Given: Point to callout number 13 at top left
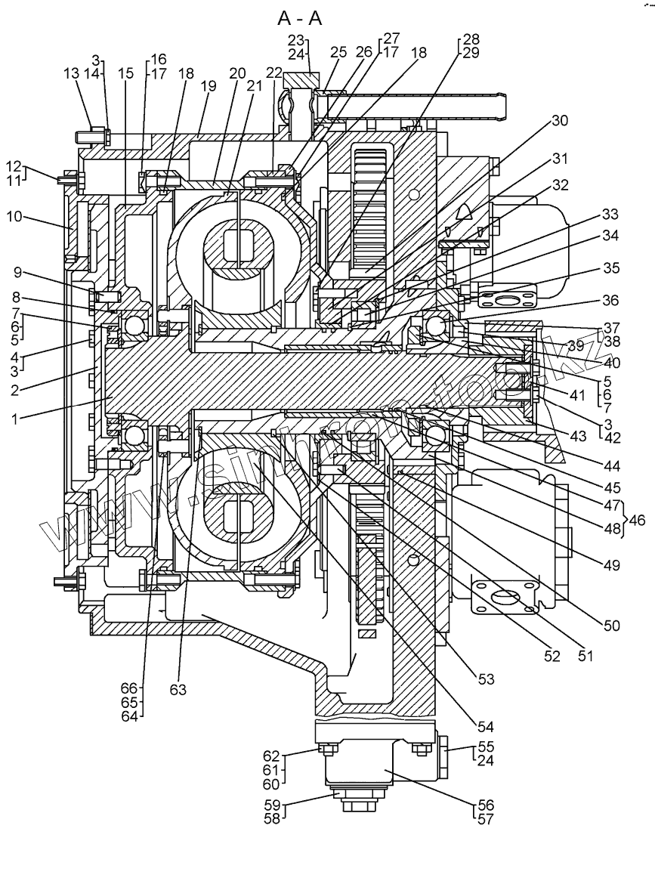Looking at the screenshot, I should pyautogui.click(x=71, y=73).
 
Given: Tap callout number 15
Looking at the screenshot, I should pyautogui.click(x=125, y=73).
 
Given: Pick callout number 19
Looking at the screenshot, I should pyautogui.click(x=208, y=86).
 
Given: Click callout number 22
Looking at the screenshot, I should pyautogui.click(x=273, y=72).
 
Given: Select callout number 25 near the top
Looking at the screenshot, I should pyautogui.click(x=338, y=53).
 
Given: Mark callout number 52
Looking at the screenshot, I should pyautogui.click(x=551, y=657).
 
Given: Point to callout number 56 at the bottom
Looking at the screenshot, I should pyautogui.click(x=484, y=805).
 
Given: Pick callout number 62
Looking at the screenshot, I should pyautogui.click(x=272, y=756).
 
